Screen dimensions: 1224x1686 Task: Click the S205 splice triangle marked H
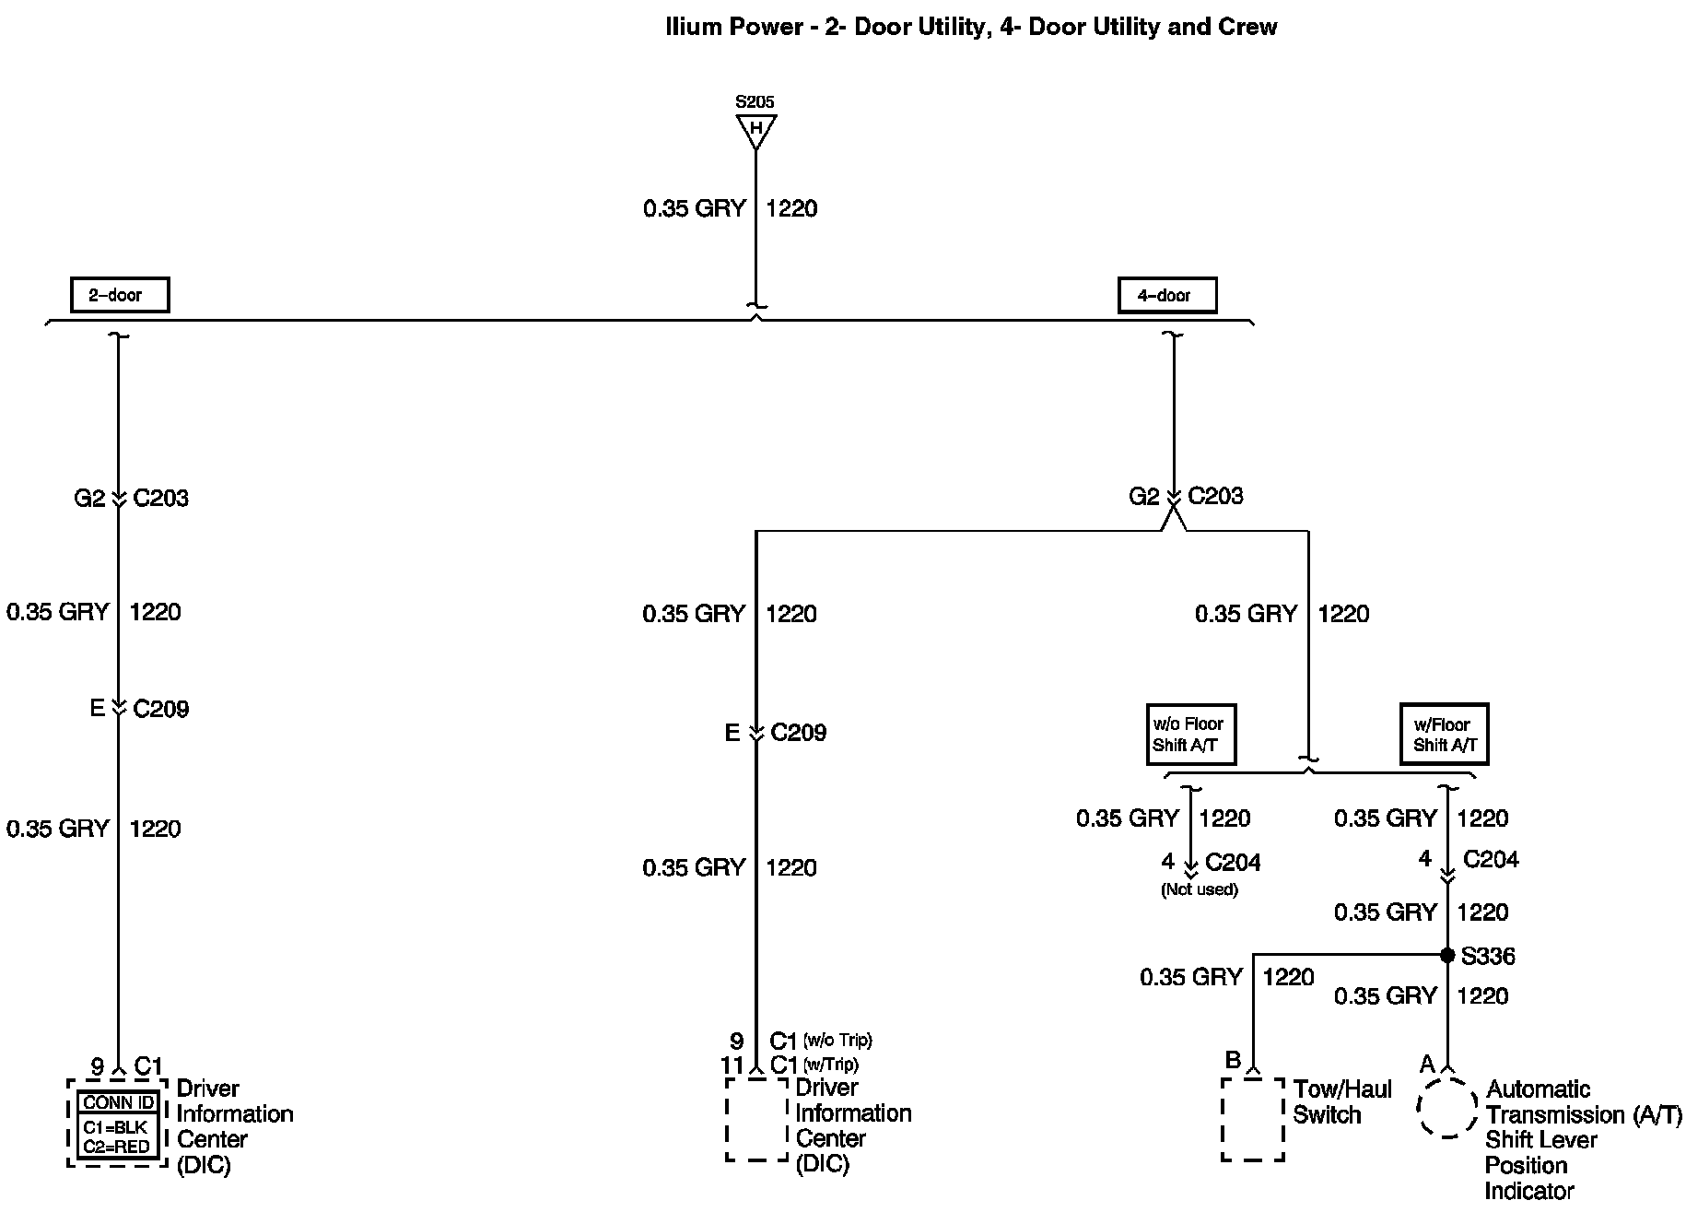coord(755,129)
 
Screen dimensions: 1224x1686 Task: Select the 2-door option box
coord(120,295)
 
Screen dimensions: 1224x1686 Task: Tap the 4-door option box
coord(1166,295)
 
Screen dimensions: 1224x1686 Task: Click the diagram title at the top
coord(971,27)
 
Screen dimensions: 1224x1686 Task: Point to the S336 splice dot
coord(1447,955)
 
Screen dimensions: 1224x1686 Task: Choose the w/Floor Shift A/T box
coord(1445,735)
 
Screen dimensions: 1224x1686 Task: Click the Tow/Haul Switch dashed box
coord(1253,1119)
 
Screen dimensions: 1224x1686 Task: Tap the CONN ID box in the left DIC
coord(119,1102)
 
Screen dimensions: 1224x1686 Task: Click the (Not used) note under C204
coord(1200,889)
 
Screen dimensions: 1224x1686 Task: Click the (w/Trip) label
coord(831,1065)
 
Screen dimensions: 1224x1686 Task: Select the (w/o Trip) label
coord(837,1041)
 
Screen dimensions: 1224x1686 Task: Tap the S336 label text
coord(1488,956)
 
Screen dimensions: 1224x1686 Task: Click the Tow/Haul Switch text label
coord(1341,1102)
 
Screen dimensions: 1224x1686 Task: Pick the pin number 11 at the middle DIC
coord(732,1065)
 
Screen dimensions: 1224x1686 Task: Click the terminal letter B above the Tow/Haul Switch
coord(1232,1060)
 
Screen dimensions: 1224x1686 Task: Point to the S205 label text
coord(755,101)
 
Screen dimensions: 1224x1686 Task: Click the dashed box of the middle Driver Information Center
coord(756,1119)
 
